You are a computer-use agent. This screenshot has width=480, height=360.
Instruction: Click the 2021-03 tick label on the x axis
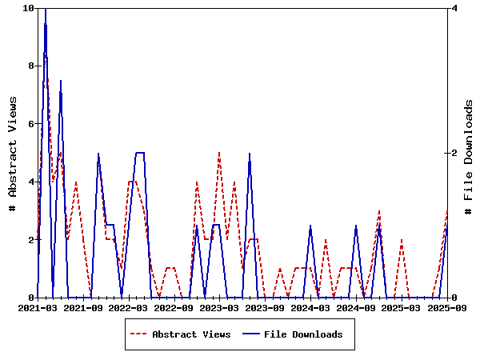point(37,307)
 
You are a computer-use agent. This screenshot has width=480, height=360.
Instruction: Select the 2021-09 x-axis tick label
point(83,307)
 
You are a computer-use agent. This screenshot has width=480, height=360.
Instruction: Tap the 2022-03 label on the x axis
point(129,307)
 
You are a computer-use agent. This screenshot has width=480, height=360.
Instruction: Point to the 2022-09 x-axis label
point(174,307)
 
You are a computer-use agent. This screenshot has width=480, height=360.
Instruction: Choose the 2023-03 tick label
point(220,307)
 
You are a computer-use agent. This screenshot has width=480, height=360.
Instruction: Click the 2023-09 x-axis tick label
point(266,307)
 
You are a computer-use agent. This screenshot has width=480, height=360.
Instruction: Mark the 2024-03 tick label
point(311,307)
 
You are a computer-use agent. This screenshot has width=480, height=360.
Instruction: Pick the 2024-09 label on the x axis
point(357,307)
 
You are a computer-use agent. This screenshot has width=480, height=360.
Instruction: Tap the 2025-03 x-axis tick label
point(402,307)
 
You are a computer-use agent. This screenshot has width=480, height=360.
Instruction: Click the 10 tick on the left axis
point(29,8)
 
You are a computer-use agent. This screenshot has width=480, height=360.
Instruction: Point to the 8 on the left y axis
point(31,66)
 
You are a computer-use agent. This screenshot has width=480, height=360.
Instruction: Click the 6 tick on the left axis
point(31,124)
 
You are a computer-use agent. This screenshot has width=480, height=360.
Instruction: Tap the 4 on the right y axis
point(454,8)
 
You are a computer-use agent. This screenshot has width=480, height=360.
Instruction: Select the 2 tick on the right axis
point(454,153)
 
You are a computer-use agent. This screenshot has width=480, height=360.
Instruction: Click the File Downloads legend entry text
point(303,334)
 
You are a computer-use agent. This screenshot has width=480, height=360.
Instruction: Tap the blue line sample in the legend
point(250,334)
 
